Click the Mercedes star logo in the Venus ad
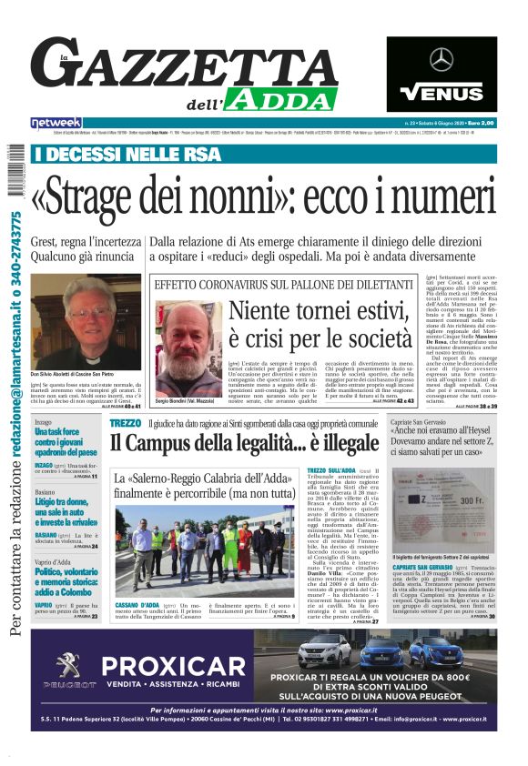[x=442, y=60]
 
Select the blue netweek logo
[x=56, y=122]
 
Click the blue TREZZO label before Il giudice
[x=126, y=423]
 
